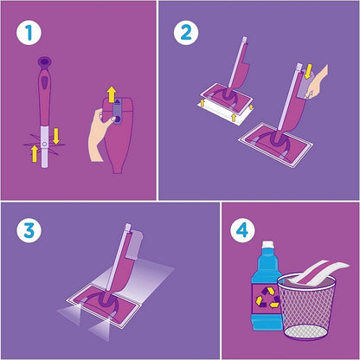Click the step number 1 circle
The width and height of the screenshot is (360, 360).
click(29, 32)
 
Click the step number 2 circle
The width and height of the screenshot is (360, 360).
click(186, 32)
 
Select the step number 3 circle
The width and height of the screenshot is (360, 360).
click(29, 231)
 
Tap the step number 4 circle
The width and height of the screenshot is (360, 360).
click(242, 230)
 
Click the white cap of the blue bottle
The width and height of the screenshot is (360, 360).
click(267, 245)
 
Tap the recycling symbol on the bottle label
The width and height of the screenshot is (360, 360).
click(267, 297)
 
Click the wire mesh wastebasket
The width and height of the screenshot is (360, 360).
click(307, 305)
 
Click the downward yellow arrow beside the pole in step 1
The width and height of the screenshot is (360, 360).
click(56, 136)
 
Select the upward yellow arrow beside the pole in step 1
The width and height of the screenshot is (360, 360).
click(35, 153)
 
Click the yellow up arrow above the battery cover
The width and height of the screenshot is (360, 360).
click(112, 94)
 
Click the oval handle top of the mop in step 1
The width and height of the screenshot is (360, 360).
click(45, 62)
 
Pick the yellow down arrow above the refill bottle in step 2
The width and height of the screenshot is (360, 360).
click(308, 71)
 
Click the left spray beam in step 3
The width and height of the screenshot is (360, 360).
click(69, 314)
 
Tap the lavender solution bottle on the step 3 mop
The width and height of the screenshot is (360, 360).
click(135, 245)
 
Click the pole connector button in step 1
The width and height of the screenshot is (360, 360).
click(44, 144)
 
